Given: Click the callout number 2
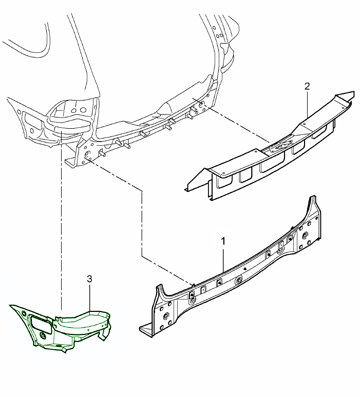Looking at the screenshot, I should click(x=307, y=86).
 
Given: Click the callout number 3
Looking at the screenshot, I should click(x=89, y=279).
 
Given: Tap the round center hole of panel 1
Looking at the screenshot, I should click(x=239, y=280).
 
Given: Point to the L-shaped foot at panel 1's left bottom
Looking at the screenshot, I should click(x=146, y=330).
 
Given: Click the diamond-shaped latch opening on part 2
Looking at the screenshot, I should click(x=280, y=146).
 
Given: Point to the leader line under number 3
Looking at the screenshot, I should click(x=90, y=297).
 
